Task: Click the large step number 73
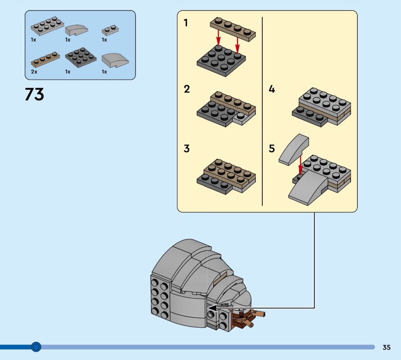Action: pyautogui.click(x=35, y=94)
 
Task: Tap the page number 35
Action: pyautogui.click(x=386, y=347)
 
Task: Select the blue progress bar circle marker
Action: pyautogui.click(x=36, y=347)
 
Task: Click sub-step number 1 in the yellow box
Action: pyautogui.click(x=186, y=23)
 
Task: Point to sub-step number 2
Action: pyautogui.click(x=186, y=89)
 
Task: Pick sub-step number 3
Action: pyautogui.click(x=186, y=148)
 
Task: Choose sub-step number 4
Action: pyautogui.click(x=272, y=89)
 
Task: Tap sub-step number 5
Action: pyautogui.click(x=272, y=148)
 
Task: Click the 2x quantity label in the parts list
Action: pyautogui.click(x=34, y=72)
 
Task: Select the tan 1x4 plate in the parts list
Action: pyautogui.click(x=46, y=59)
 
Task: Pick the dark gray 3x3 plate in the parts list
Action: pyautogui.click(x=81, y=57)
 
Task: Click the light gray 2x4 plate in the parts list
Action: pyautogui.click(x=47, y=26)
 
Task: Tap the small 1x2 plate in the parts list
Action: pyautogui.click(x=110, y=30)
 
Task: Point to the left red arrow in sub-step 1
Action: pyautogui.click(x=218, y=37)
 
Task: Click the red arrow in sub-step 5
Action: pyautogui.click(x=301, y=164)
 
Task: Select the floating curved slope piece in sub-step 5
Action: pyautogui.click(x=293, y=150)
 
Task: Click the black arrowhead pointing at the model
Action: pyautogui.click(x=213, y=308)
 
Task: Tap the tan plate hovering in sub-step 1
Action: pyautogui.click(x=233, y=30)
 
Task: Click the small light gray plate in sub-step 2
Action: pyautogui.click(x=241, y=118)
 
